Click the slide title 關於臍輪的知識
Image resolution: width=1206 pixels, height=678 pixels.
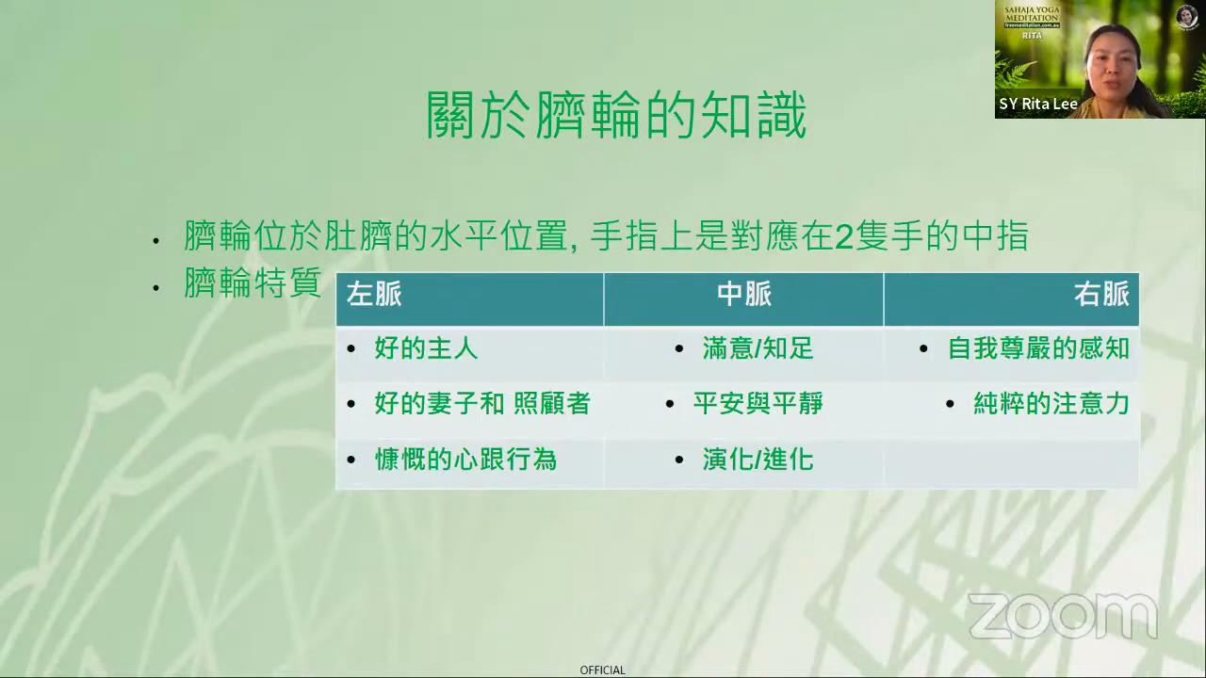click(616, 115)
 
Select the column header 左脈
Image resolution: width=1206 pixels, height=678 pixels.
click(374, 295)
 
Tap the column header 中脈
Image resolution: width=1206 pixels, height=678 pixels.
click(744, 295)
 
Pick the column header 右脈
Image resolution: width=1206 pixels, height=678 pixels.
click(1101, 295)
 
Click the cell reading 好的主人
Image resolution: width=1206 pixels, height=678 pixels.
click(426, 348)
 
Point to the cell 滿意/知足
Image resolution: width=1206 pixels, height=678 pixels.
click(758, 348)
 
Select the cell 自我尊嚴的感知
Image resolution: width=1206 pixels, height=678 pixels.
click(1038, 348)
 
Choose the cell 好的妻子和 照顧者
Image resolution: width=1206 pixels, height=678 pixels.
click(482, 404)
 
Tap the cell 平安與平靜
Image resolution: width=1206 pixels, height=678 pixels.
click(758, 404)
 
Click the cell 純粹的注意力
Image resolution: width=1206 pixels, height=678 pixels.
click(1051, 404)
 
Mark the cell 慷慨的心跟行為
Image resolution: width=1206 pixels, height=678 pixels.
click(465, 460)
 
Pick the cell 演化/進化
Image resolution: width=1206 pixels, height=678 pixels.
click(758, 460)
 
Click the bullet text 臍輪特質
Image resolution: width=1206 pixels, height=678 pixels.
click(253, 282)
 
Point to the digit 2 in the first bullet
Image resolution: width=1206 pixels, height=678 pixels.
click(844, 236)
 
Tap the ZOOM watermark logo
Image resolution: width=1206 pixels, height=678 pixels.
click(1063, 616)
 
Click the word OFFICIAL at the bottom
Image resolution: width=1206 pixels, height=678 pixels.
click(602, 670)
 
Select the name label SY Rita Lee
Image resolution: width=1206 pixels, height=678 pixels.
click(1038, 104)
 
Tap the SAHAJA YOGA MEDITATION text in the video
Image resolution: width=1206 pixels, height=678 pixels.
click(1032, 14)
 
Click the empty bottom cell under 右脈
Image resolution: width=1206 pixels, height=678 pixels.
click(1011, 462)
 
